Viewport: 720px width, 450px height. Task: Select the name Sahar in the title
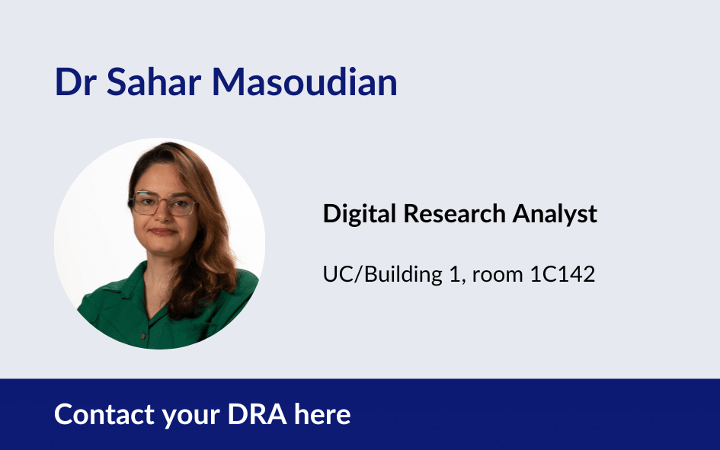tap(154, 82)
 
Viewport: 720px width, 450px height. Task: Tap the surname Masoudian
tap(305, 82)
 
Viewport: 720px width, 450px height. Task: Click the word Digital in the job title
tap(359, 214)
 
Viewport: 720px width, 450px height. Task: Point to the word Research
tap(454, 214)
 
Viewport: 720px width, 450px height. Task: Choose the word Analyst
tap(555, 215)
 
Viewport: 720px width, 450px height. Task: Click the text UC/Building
tap(382, 274)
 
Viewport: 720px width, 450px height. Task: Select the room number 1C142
tap(562, 274)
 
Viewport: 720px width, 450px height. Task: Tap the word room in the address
tap(498, 276)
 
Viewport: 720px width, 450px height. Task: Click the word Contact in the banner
tap(104, 414)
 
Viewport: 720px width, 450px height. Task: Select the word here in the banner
tap(322, 414)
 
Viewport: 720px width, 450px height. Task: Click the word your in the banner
tap(191, 417)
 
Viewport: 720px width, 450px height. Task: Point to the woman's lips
tap(162, 231)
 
